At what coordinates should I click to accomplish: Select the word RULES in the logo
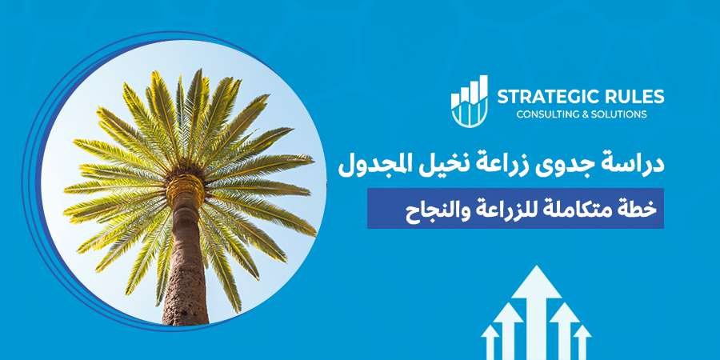635,98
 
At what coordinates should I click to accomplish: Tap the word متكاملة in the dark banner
585,209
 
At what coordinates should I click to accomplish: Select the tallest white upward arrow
538,312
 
